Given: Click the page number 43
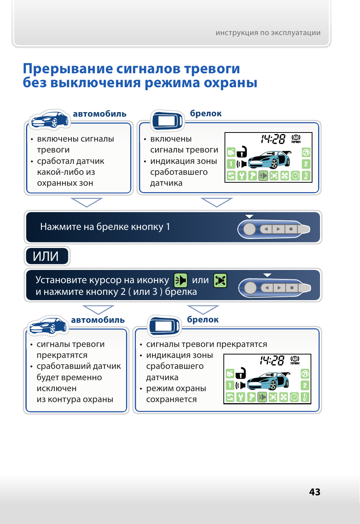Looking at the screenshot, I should tap(315, 492).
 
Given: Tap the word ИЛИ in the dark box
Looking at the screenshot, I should tap(46, 256).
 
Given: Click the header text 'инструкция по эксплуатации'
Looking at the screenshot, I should tap(268, 33).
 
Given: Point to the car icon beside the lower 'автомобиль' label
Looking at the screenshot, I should tap(48, 325).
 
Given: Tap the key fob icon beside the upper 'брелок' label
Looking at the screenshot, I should tap(167, 120).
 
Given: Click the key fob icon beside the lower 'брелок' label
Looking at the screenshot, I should tap(164, 326).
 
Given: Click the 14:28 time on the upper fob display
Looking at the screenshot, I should tap(273, 139).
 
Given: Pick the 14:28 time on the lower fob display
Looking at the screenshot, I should tap(272, 361).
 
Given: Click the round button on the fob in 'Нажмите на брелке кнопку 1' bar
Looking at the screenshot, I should tap(249, 229).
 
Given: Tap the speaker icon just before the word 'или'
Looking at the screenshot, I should tap(181, 280).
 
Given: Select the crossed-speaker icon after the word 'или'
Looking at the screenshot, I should tap(220, 280).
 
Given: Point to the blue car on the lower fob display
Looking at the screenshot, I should tap(268, 381).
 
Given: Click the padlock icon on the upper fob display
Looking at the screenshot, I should tap(242, 152).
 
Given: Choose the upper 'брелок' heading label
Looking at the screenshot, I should tap(206, 114).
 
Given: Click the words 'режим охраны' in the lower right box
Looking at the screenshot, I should tap(176, 388).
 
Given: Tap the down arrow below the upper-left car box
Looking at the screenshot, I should tap(86, 202).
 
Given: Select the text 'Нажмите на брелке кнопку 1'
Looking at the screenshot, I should tap(105, 227).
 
